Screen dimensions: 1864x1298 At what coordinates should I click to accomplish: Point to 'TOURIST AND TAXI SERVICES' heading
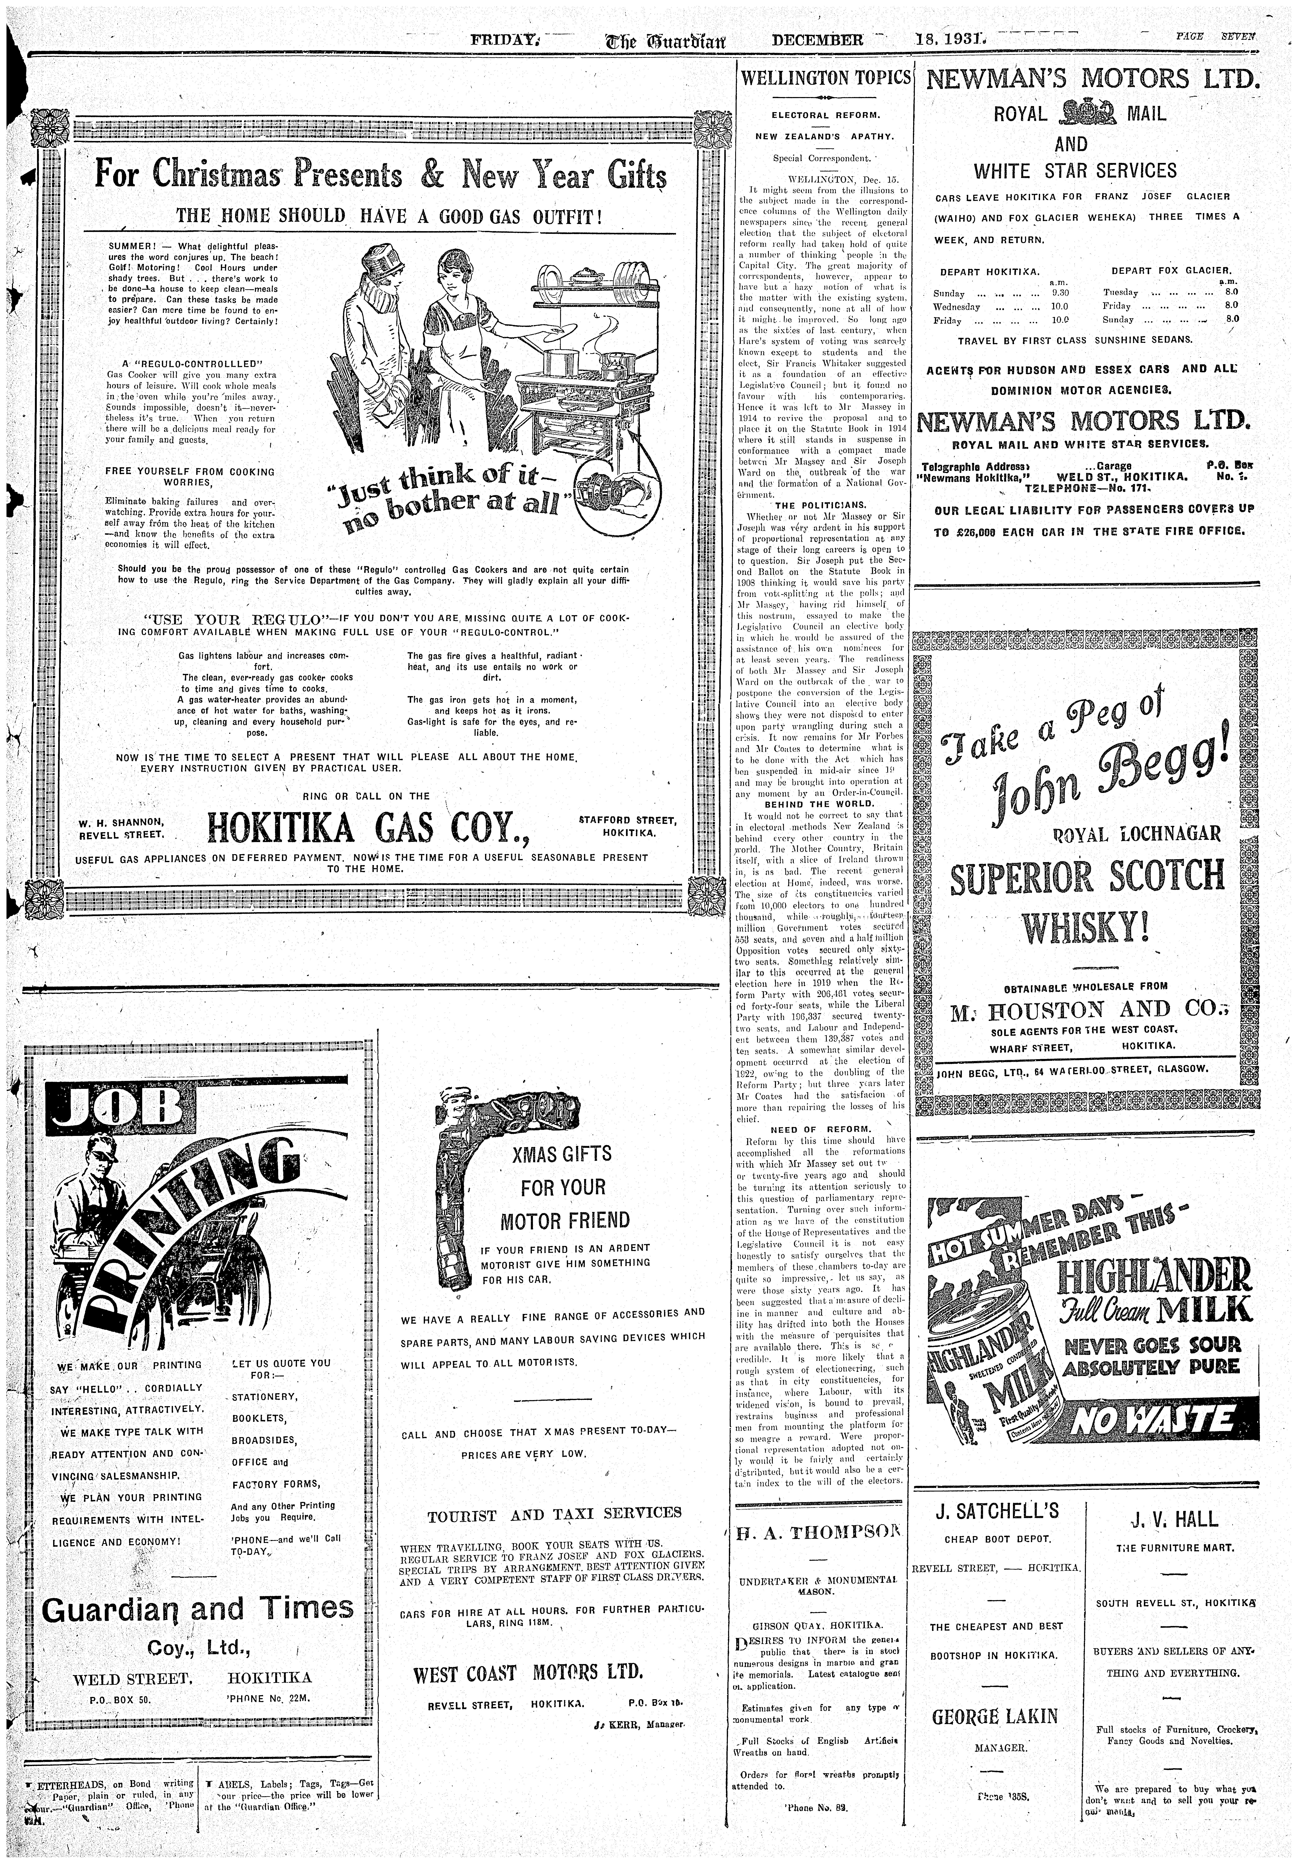[554, 1512]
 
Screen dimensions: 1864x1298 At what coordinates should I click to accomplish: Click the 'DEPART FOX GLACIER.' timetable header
[1171, 270]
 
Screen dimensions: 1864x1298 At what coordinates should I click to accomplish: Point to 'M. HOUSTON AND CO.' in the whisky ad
[1085, 1010]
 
